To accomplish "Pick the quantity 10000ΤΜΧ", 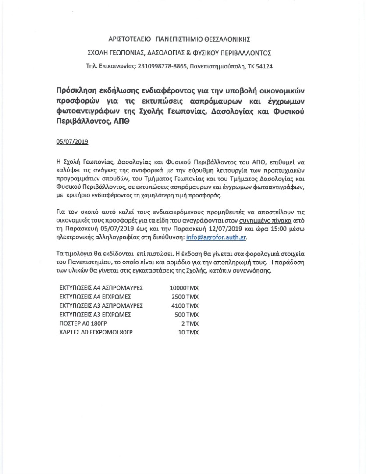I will (184, 288).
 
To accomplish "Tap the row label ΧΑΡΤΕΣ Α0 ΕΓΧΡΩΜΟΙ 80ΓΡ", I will (96, 333).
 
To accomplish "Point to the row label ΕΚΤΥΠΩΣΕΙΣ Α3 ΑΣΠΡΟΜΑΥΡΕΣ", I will (101, 305).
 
